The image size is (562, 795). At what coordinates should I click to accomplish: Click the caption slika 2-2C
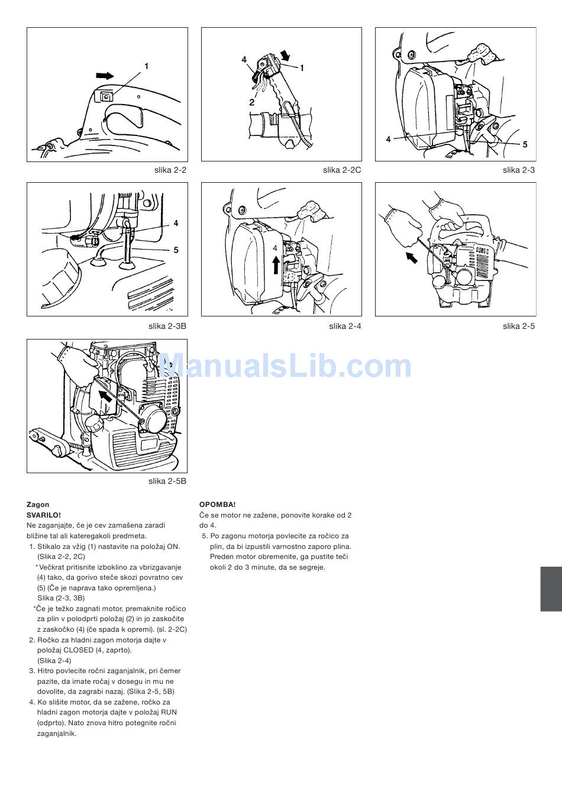[x=342, y=170]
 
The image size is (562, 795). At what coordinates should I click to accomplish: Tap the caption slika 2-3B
[x=167, y=326]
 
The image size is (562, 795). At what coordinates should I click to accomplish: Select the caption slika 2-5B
[x=167, y=481]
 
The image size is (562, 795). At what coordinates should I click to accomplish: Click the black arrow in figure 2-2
[x=105, y=76]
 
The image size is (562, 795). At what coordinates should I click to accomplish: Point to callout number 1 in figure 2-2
[x=146, y=66]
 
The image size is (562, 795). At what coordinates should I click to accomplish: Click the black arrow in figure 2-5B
[x=105, y=395]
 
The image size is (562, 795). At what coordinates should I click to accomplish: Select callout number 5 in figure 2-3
[x=525, y=144]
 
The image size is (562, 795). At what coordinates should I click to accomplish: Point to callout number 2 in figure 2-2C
[x=251, y=102]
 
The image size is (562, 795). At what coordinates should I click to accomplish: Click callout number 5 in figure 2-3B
[x=176, y=250]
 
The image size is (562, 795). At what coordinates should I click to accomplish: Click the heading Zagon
[x=38, y=505]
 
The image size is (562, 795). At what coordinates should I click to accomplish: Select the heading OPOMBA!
[x=217, y=505]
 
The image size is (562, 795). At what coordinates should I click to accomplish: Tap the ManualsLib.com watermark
[x=285, y=366]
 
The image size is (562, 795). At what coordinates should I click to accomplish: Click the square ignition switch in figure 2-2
[x=106, y=96]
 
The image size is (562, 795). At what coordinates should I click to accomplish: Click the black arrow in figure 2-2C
[x=285, y=56]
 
